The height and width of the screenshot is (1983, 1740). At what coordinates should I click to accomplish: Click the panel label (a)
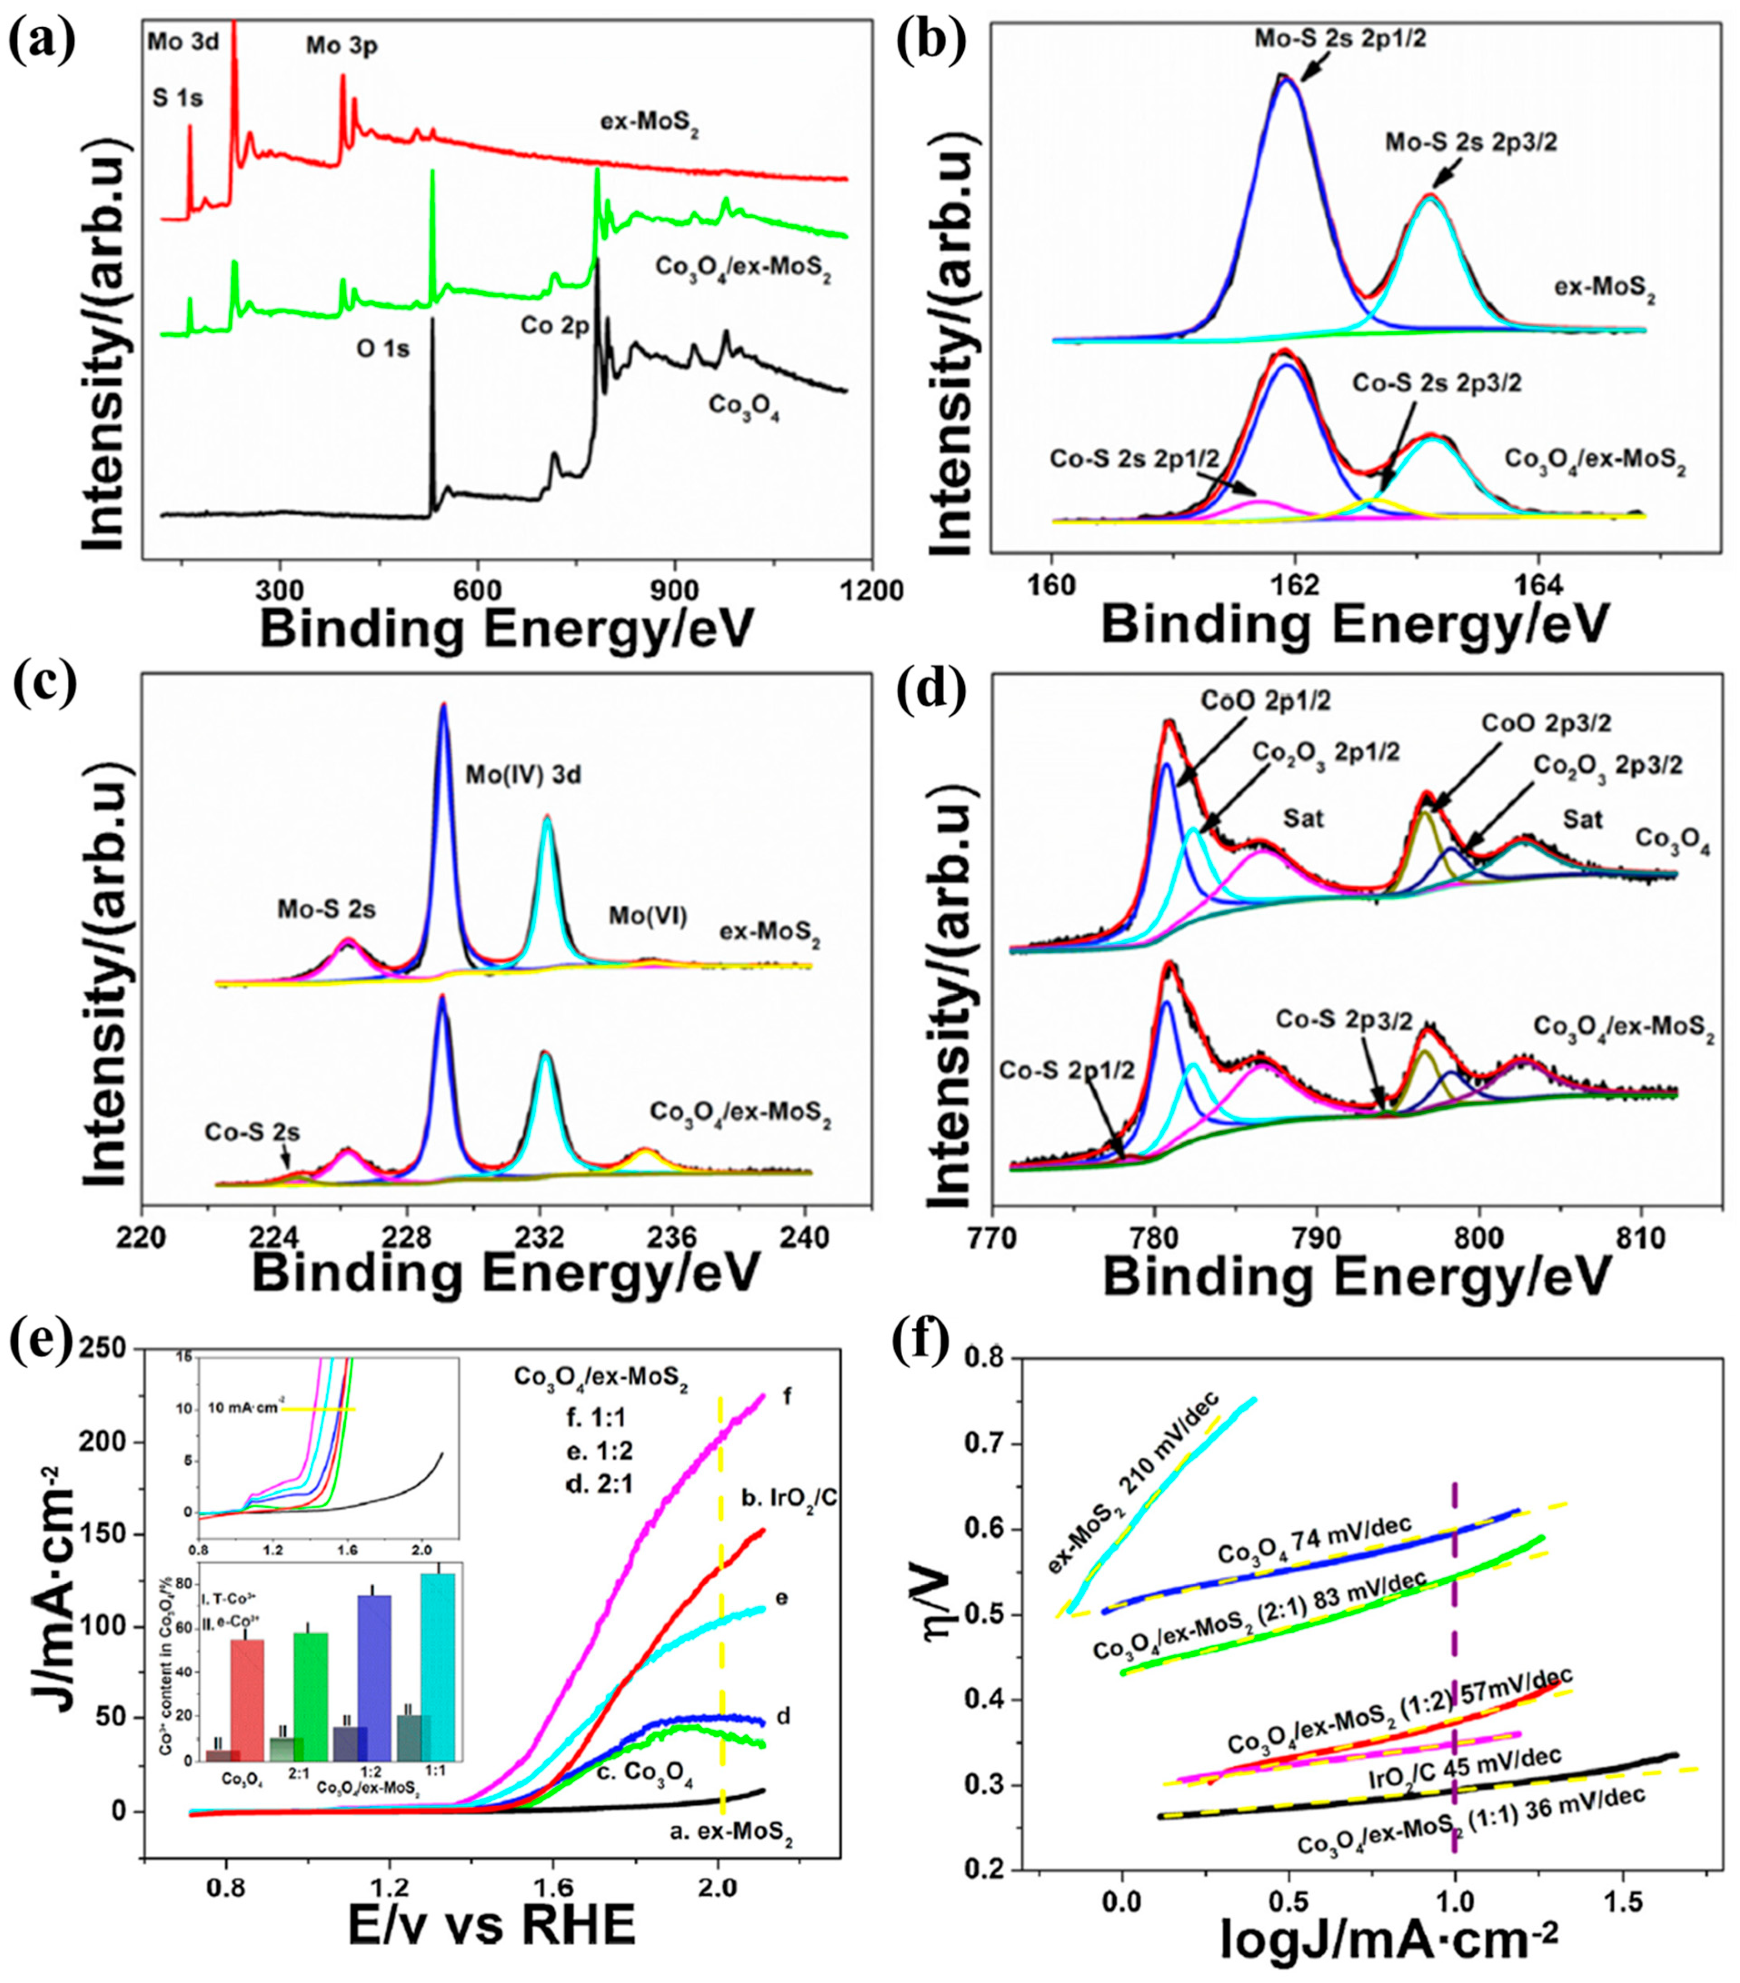click(41, 41)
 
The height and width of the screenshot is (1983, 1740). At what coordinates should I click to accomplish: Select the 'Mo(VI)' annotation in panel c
click(648, 916)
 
